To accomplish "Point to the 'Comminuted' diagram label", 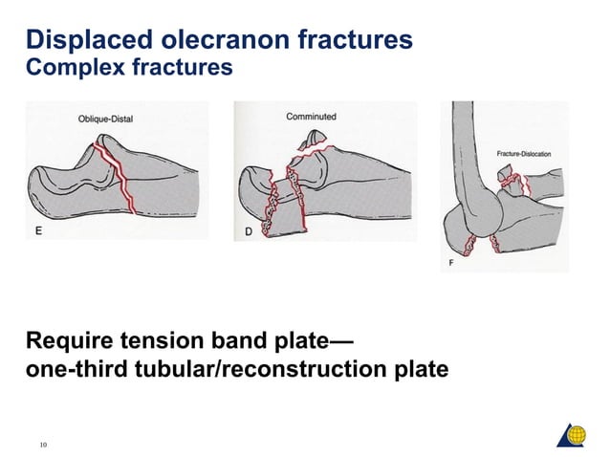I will pos(311,117).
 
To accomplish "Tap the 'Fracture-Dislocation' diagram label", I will pos(524,154).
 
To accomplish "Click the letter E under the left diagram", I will pos(37,230).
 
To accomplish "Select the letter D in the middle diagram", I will pos(249,230).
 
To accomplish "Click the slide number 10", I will pos(43,443).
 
